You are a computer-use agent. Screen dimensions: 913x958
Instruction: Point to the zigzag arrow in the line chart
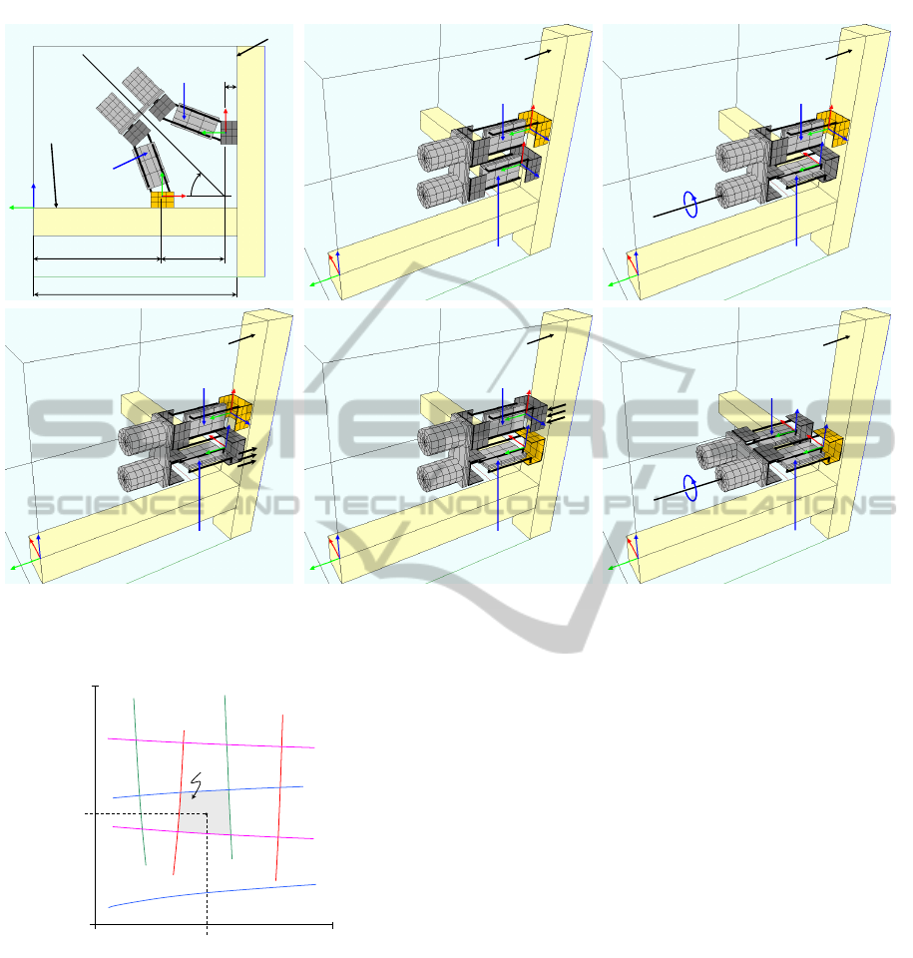pos(196,785)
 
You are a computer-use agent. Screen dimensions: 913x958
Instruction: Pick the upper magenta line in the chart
pos(211,742)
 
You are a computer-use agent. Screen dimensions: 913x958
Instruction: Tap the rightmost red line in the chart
pos(279,797)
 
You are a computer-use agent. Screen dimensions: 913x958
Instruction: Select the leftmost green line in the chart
pos(140,782)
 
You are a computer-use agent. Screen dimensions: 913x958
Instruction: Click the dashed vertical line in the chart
pos(208,874)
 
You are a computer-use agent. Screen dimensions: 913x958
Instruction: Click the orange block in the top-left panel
pos(163,200)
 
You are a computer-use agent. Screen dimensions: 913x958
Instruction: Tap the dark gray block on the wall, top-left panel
pos(229,133)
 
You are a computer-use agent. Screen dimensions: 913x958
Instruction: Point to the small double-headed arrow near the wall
pos(230,88)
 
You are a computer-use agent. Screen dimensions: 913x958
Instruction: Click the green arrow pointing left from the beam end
pos(21,208)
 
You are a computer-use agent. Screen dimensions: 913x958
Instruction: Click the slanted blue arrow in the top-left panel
pos(130,161)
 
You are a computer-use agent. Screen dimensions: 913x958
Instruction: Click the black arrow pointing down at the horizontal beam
pos(54,176)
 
